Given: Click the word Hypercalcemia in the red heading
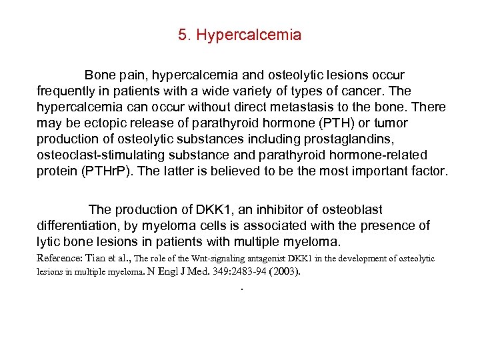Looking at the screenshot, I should click(x=248, y=35).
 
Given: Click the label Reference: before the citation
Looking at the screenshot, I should click(x=61, y=258).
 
